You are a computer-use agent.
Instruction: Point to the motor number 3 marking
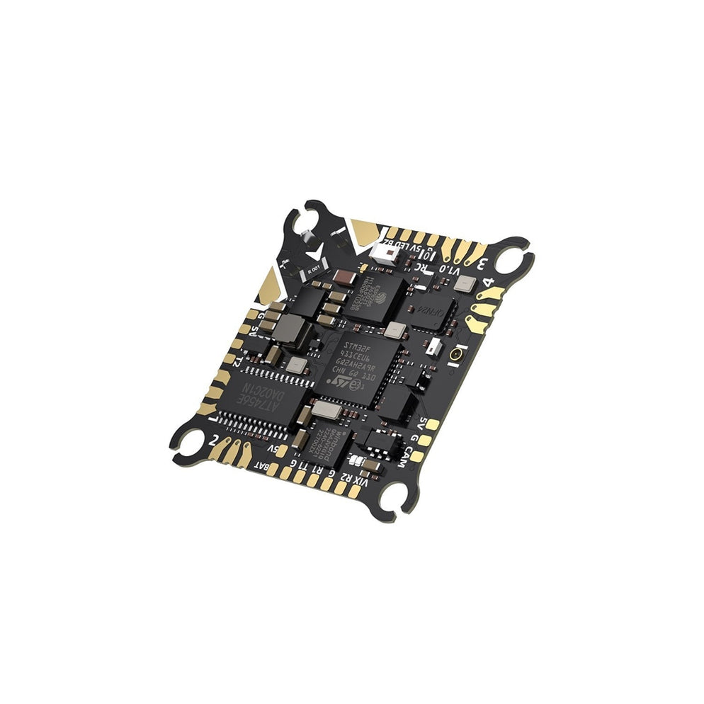[482, 265]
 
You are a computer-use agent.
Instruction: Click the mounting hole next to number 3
[509, 261]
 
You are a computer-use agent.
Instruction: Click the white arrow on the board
[315, 254]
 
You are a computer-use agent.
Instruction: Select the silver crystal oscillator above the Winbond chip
[325, 409]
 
